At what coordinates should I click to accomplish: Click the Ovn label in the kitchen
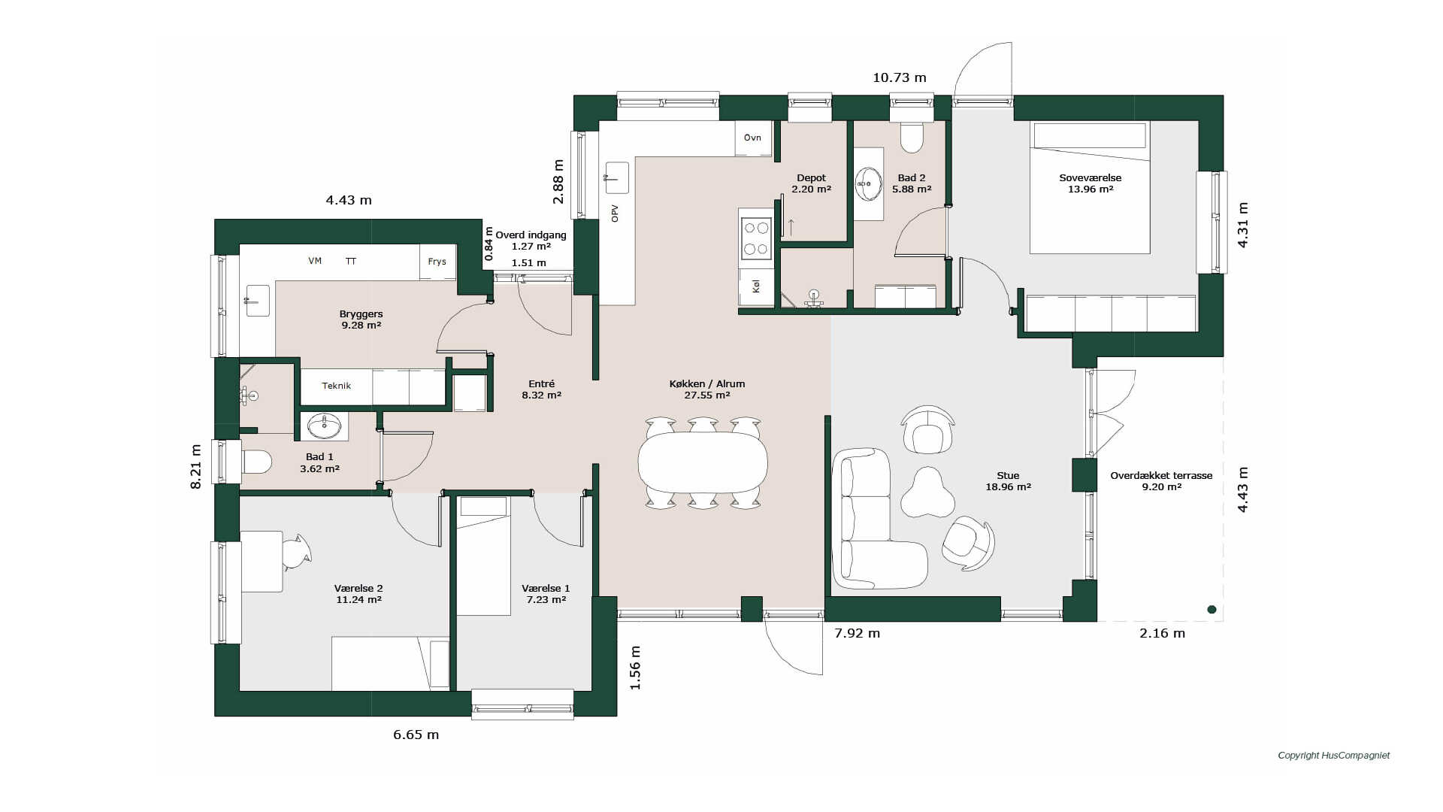click(x=752, y=138)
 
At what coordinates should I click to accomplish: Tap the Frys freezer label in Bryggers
click(x=437, y=262)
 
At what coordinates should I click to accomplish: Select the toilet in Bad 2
click(x=912, y=136)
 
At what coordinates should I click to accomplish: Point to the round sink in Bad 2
click(x=869, y=183)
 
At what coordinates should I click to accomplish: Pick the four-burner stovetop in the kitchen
click(x=756, y=238)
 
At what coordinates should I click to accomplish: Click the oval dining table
click(x=703, y=462)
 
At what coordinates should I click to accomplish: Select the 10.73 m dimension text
click(x=900, y=77)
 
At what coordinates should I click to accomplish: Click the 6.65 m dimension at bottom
click(x=416, y=735)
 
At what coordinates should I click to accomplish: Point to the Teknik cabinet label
click(x=337, y=386)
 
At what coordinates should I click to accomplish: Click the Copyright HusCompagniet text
click(x=1334, y=756)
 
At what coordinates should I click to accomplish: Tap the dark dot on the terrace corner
click(x=1212, y=610)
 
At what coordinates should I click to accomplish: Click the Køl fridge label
click(x=756, y=286)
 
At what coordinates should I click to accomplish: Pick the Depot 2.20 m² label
click(x=812, y=183)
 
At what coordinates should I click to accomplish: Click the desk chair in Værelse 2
click(x=296, y=551)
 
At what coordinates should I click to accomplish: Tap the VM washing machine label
click(x=315, y=261)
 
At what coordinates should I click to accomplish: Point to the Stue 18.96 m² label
click(x=1008, y=481)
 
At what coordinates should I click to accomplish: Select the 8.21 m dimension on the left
click(x=196, y=467)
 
